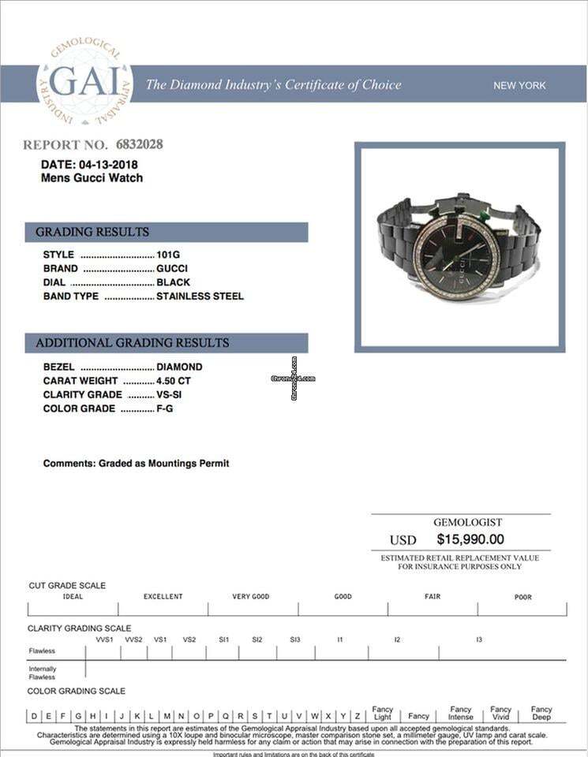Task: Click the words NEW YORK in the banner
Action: [519, 85]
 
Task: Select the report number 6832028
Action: [140, 144]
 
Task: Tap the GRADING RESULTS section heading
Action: [92, 232]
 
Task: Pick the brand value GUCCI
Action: [172, 269]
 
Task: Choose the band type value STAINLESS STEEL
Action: [200, 296]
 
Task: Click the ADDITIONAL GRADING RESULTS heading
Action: [132, 343]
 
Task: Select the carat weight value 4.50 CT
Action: [174, 381]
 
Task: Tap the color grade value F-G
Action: [166, 409]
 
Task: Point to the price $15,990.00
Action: [470, 540]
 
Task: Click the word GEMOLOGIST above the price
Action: [467, 523]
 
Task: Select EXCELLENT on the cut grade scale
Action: [163, 597]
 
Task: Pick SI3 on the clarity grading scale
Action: [295, 640]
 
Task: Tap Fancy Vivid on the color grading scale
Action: [500, 713]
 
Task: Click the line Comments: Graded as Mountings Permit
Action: [136, 464]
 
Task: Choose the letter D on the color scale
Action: [34, 716]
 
